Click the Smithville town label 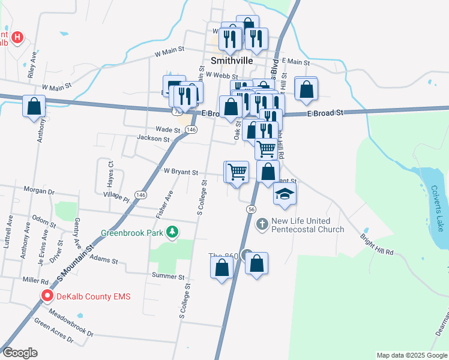pos(231,61)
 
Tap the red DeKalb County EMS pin pos(47,296)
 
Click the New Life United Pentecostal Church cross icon pos(262,224)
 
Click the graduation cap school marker pos(285,194)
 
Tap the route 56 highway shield pos(251,208)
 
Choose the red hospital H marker pos(17,38)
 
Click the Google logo pos(20,352)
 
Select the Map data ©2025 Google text pos(412,355)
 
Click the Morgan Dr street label pos(39,191)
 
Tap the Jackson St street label pos(153,139)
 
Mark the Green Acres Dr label pos(53,332)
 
